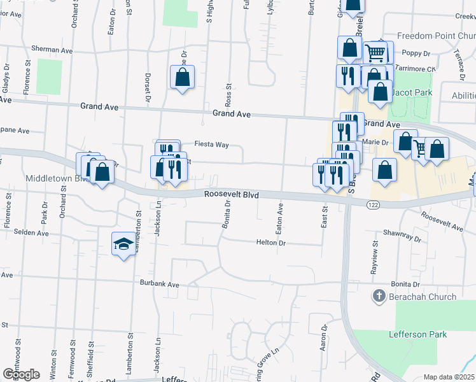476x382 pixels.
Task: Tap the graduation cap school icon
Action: click(123, 243)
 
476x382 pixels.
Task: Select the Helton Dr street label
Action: click(272, 243)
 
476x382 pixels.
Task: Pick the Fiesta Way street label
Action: click(211, 145)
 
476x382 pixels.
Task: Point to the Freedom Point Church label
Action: click(435, 36)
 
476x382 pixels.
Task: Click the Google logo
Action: click(21, 374)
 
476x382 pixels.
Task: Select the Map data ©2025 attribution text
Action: click(449, 377)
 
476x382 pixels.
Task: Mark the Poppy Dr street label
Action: click(417, 53)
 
